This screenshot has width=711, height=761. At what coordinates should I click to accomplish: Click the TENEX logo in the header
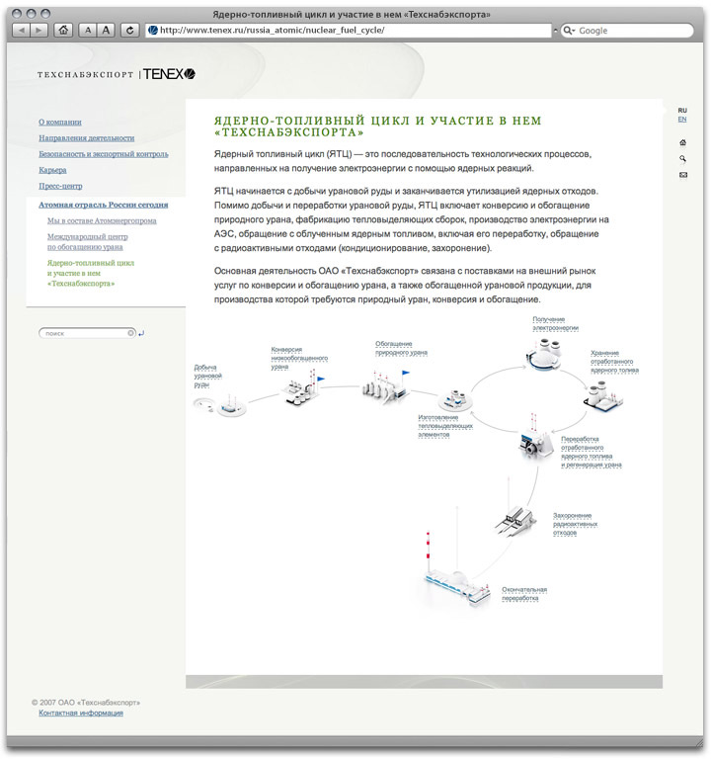tap(169, 74)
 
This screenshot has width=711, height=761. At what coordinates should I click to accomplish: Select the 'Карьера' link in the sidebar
tap(52, 170)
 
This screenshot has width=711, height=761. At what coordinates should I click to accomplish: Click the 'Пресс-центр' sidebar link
tap(60, 186)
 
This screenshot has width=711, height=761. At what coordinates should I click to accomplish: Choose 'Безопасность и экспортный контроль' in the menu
tap(104, 154)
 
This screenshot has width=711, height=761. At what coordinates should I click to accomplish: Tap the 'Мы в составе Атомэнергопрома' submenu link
tap(102, 220)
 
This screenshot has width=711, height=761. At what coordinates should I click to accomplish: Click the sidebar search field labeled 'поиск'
tap(85, 334)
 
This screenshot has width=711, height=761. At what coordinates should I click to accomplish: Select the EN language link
tap(682, 120)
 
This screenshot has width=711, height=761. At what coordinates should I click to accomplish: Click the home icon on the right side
tap(682, 142)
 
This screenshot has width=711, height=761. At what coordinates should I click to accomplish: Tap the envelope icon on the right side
tap(682, 175)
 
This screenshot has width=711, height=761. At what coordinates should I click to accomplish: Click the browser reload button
tap(129, 31)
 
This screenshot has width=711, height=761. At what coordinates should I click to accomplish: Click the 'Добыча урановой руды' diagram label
tap(208, 376)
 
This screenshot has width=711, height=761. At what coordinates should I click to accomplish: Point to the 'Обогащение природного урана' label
tap(401, 348)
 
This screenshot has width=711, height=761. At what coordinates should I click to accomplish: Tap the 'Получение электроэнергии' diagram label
tap(556, 323)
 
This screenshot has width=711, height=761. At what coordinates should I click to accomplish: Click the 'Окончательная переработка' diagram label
tap(523, 594)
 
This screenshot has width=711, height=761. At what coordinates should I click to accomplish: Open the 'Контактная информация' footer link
tap(81, 713)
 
